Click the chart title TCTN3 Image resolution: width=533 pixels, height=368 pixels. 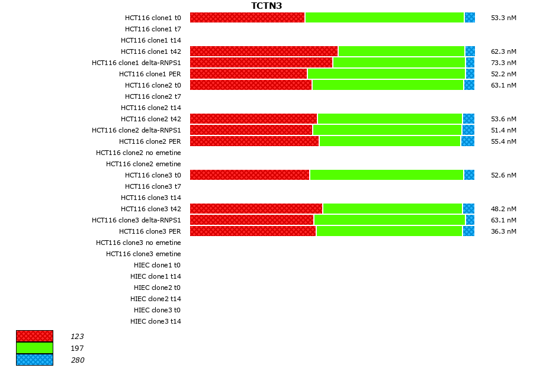[266, 6]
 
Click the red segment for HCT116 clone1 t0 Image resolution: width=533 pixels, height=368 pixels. [247, 18]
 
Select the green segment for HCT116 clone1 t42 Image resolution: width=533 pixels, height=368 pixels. [401, 51]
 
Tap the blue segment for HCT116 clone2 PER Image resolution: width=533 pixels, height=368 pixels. [467, 141]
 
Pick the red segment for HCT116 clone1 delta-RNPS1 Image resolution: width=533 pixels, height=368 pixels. [261, 63]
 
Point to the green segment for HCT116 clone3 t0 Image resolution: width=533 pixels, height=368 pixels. [386, 175]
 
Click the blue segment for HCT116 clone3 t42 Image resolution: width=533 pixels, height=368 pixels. [468, 209]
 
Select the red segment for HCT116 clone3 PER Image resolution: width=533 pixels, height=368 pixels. [253, 231]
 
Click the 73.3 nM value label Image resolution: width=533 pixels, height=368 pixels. [503, 63]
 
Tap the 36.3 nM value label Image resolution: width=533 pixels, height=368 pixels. [503, 231]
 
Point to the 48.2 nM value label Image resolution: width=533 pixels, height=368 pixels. [503, 209]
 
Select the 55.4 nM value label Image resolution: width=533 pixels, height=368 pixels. [503, 141]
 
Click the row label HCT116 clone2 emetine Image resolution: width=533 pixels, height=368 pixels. [143, 164]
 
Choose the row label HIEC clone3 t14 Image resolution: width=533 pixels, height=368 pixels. [156, 321]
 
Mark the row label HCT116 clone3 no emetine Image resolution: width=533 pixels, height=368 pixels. [139, 243]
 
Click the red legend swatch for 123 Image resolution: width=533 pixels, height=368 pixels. [34, 336]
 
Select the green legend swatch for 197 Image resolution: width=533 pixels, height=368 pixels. [34, 348]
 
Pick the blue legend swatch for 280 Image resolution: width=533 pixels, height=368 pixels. [34, 360]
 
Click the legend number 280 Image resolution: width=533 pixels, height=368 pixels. [78, 360]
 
